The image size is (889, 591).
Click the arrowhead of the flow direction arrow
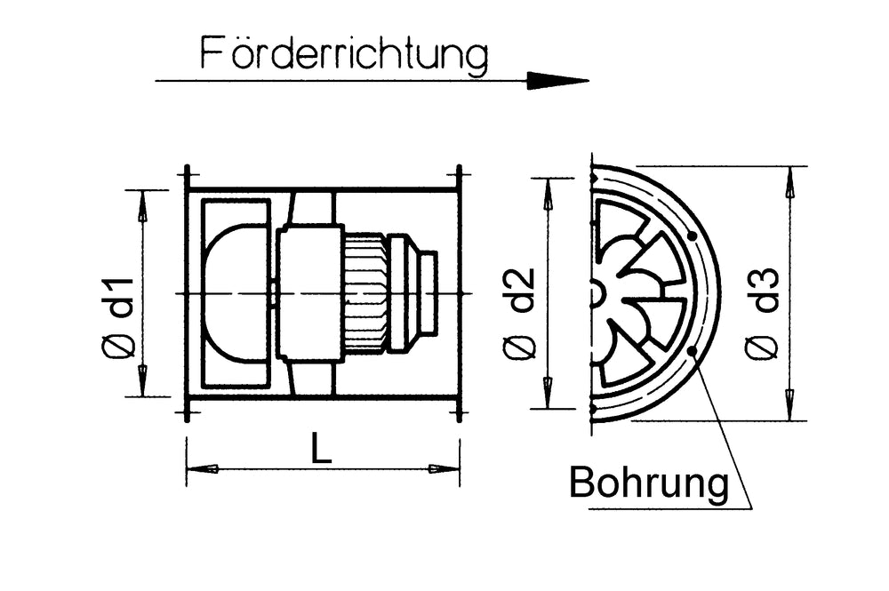[557, 81]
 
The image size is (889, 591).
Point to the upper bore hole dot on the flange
[692, 236]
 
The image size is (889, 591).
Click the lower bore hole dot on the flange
[692, 352]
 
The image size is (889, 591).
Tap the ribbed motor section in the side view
[365, 292]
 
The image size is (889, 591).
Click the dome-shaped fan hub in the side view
[236, 292]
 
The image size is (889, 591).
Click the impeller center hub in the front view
[596, 293]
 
